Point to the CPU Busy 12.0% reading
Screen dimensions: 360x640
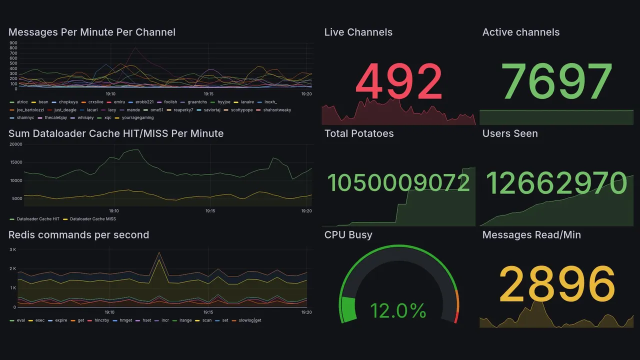398,311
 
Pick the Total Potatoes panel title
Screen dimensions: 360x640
359,133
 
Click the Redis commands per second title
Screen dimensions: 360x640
78,235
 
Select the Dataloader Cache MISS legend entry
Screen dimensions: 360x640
92,219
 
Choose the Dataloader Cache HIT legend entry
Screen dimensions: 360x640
38,219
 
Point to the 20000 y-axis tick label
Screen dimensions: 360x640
16,144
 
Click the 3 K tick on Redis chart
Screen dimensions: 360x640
13,249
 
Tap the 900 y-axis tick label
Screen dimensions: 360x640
13,43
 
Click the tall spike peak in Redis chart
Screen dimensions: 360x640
159,252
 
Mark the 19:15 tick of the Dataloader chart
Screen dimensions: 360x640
210,211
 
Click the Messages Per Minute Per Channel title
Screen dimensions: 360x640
92,32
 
